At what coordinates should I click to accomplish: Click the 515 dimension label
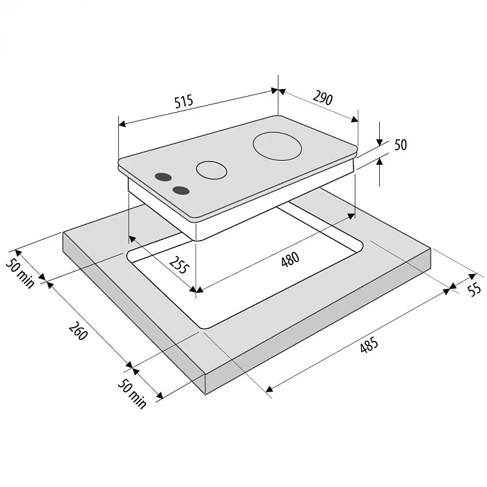[x=184, y=102]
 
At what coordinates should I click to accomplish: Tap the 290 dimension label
[x=323, y=97]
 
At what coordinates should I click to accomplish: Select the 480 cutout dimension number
[x=290, y=259]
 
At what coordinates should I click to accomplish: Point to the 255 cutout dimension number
[x=179, y=265]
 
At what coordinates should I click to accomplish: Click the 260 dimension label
[x=78, y=331]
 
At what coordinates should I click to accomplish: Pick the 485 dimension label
[x=369, y=344]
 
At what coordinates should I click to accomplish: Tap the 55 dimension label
[x=474, y=290]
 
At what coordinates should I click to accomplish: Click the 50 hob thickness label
[x=401, y=145]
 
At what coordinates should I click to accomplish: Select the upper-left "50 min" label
[x=20, y=273]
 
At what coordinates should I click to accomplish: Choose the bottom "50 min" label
[x=131, y=394]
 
